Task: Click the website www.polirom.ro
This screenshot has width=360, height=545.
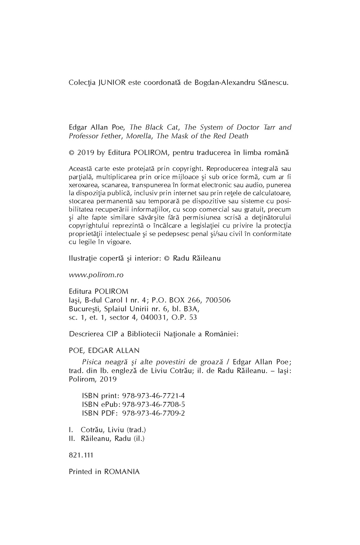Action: [x=96, y=275]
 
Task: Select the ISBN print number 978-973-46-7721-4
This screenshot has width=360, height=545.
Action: [x=153, y=395]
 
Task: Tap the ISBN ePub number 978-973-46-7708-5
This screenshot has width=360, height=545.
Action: [x=153, y=404]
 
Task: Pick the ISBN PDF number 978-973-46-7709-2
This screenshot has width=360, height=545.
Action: [x=153, y=413]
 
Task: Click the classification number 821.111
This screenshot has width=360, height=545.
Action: [x=81, y=455]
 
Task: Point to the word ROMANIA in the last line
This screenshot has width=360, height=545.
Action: [x=122, y=472]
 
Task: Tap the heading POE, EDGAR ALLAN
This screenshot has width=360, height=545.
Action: [x=104, y=350]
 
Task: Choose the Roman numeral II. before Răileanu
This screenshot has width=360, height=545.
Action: [x=72, y=438]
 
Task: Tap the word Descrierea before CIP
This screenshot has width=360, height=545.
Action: [x=86, y=334]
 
